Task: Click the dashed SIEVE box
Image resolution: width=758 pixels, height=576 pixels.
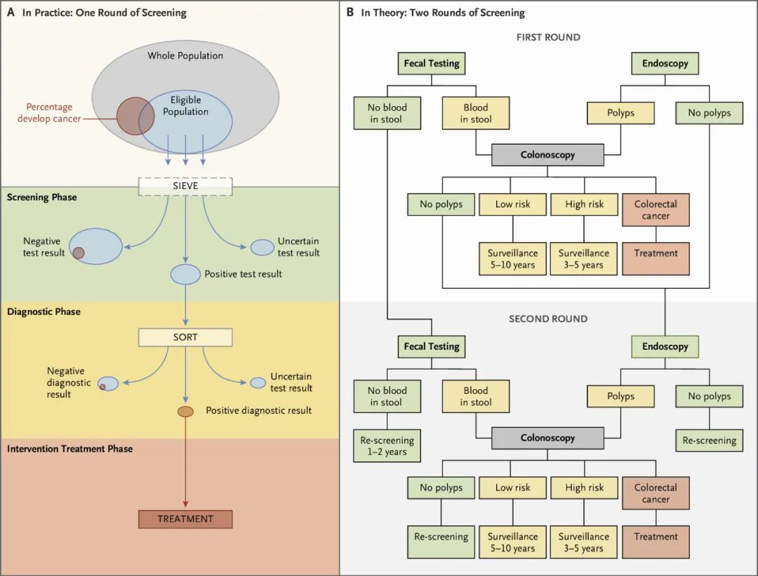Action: [185, 186]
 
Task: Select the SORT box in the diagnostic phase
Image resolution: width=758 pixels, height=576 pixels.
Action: [185, 337]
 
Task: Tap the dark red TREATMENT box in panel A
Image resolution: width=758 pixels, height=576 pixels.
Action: [185, 519]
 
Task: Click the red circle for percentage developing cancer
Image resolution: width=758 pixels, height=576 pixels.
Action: [135, 116]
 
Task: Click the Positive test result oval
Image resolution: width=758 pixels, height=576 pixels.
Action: [185, 274]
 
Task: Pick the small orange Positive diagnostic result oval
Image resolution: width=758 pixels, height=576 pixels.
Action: [185, 411]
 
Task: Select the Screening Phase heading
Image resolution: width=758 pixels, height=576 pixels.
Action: [42, 197]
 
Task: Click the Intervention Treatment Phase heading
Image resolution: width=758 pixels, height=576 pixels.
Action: [69, 448]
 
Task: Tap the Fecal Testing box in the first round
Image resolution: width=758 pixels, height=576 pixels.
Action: [432, 63]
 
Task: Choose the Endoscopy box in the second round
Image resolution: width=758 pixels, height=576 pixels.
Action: [665, 346]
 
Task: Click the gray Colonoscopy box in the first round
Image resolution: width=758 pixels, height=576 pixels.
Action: [547, 155]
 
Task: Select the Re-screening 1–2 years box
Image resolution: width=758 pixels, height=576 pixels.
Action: [387, 446]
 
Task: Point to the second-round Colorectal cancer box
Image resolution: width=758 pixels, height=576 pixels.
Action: [656, 493]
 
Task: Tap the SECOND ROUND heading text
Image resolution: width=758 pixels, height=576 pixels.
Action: [548, 319]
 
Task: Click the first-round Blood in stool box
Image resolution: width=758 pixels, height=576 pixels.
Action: [475, 113]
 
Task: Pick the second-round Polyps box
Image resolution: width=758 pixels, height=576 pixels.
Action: [620, 396]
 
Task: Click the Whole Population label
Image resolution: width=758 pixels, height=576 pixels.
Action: [185, 55]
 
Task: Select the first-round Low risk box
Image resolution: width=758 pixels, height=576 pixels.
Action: [513, 204]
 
